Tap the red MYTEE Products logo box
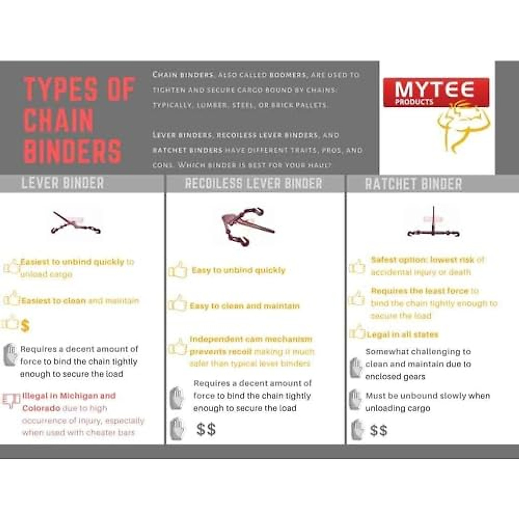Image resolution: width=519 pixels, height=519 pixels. [436, 92]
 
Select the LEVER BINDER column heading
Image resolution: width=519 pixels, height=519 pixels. [63, 183]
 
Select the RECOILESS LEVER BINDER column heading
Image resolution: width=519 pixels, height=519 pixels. [253, 184]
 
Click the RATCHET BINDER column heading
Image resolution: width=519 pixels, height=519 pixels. [413, 184]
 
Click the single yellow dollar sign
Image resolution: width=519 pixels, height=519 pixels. [25, 326]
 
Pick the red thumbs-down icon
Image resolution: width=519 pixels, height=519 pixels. [11, 400]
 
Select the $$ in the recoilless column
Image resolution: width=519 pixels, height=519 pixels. [206, 429]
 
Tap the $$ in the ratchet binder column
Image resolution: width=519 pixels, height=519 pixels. [378, 431]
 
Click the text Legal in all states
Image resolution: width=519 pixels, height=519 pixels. [402, 334]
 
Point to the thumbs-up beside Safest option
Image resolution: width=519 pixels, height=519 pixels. [357, 266]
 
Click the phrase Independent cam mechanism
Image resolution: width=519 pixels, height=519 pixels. [250, 339]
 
